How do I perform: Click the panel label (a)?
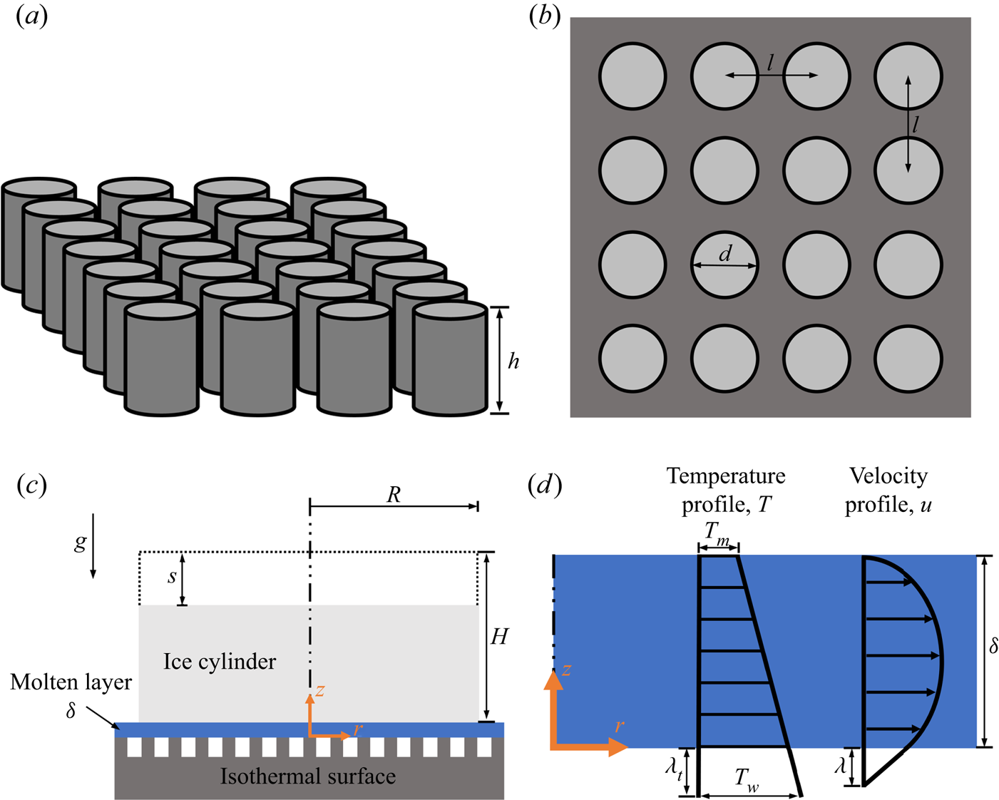point(31,16)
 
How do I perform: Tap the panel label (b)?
point(545,16)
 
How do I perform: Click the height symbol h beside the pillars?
point(513,361)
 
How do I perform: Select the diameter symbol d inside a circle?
point(725,254)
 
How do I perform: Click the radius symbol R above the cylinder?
point(394,495)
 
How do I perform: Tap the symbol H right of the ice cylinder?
point(498,636)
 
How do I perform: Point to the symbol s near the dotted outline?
point(172,577)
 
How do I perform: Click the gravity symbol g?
point(81,543)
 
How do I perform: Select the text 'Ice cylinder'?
point(220,662)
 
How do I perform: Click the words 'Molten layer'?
point(71,682)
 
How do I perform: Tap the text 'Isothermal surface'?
point(308,776)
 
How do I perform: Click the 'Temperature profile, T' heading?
point(726,490)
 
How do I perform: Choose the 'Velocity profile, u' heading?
point(888,490)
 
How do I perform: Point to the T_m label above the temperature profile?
point(717,532)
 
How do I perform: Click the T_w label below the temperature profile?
point(747,780)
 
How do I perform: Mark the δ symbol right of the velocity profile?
point(993,646)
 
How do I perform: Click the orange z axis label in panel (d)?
point(566,670)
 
